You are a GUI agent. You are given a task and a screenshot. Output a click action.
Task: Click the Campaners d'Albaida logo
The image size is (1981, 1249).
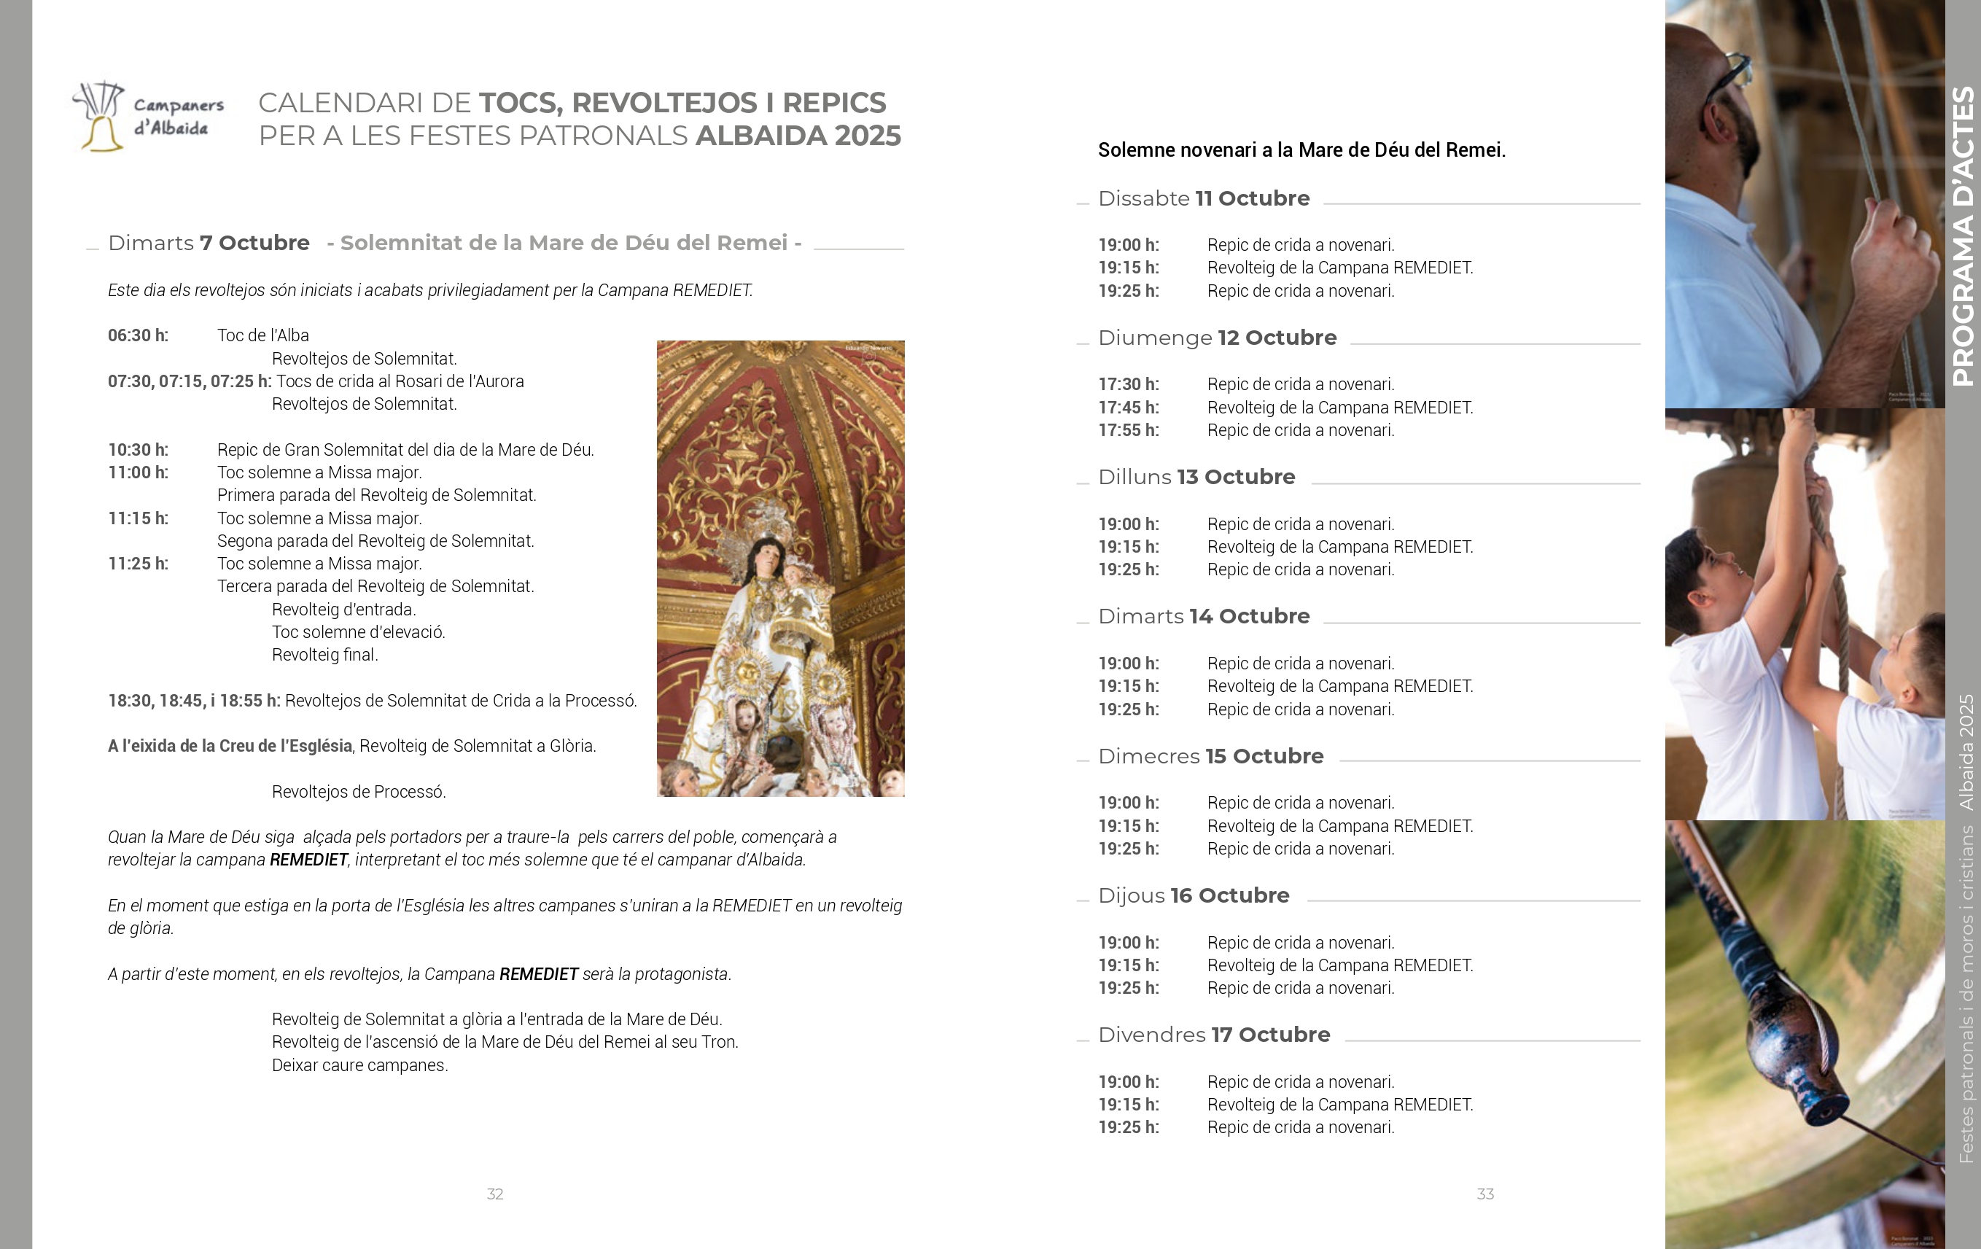[x=148, y=117]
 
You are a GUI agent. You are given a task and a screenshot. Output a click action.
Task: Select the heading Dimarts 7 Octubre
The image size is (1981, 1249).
[x=209, y=243]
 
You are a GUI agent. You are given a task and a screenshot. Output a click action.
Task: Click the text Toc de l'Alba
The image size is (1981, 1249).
[x=263, y=335]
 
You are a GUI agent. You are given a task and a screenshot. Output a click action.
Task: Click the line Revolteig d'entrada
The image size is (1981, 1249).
[x=344, y=610]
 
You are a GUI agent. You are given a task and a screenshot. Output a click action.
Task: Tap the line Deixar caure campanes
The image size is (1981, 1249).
[x=359, y=1065]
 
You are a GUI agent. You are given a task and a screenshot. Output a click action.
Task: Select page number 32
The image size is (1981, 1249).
[x=495, y=1194]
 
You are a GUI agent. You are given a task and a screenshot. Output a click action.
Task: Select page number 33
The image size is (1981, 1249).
[x=1485, y=1194]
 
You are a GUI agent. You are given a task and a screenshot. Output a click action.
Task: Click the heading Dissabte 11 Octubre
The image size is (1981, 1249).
[x=1204, y=198]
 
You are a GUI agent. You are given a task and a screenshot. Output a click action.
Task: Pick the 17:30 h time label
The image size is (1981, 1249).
[x=1129, y=384]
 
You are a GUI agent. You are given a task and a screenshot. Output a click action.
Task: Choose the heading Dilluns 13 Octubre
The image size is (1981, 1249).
[x=1196, y=478]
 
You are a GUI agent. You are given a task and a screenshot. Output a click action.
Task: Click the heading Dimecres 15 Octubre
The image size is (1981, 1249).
[x=1210, y=756]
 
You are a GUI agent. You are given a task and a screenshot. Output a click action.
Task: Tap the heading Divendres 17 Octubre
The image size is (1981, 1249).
[x=1213, y=1035]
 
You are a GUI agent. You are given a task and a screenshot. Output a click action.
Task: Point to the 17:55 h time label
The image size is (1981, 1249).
[x=1129, y=430]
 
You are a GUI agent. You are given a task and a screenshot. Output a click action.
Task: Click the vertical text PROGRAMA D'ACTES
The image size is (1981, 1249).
[x=1963, y=237]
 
